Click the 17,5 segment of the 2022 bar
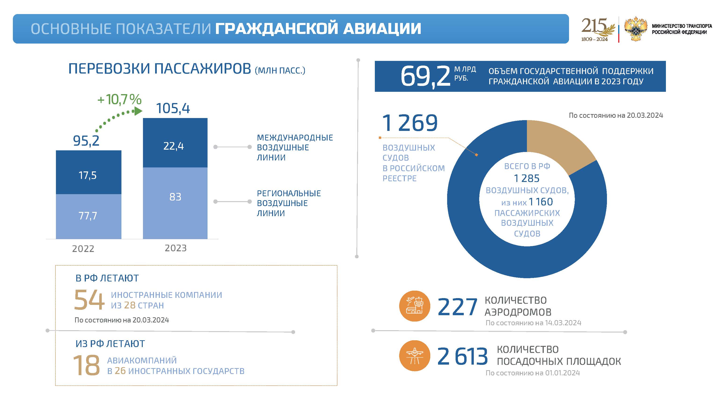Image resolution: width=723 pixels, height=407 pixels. click(x=88, y=172)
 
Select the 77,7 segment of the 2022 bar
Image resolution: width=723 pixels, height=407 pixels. click(x=88, y=216)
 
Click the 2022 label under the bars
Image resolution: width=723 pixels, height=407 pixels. click(x=83, y=249)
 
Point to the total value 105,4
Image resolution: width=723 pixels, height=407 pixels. click(x=173, y=108)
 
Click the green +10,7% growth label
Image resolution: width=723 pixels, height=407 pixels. click(x=119, y=100)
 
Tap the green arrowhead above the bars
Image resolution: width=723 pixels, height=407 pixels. click(x=138, y=111)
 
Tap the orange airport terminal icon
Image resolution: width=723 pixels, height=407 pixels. click(x=415, y=306)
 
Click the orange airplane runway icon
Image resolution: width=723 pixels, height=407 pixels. click(x=415, y=356)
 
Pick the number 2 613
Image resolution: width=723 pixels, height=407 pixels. click(x=462, y=356)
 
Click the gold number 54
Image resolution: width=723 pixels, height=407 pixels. click(x=89, y=300)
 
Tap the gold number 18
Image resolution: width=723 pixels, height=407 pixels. click(x=86, y=365)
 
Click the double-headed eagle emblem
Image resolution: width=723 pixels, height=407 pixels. click(x=635, y=29)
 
